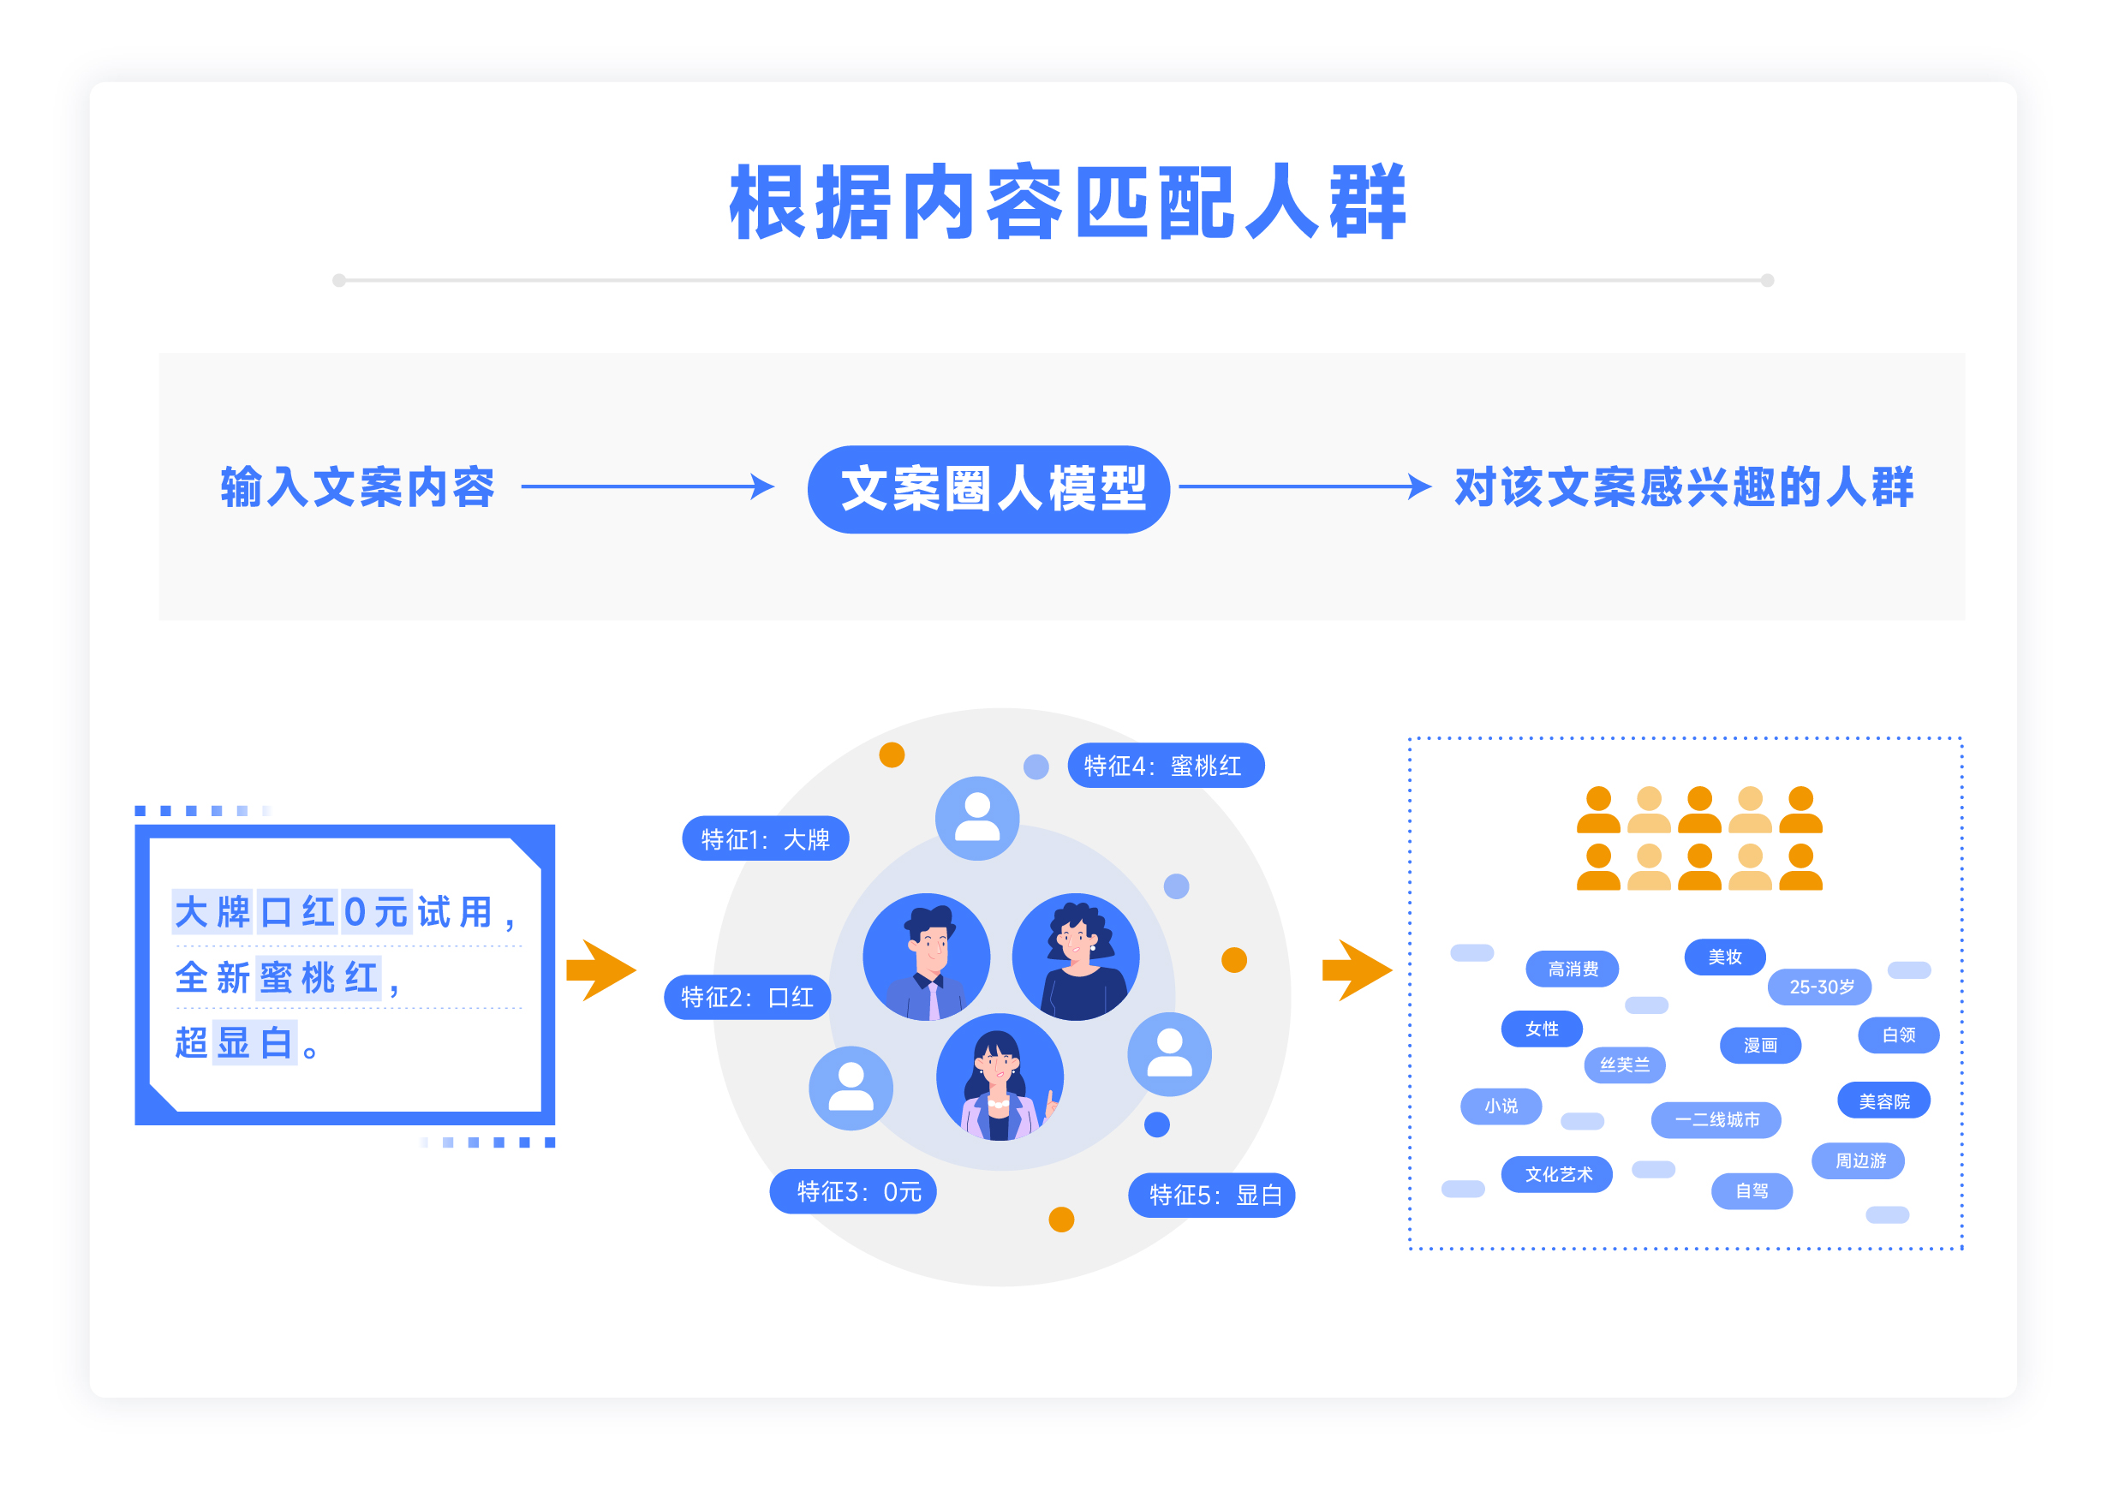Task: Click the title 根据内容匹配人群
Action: tap(1067, 202)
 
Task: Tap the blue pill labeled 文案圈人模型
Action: tap(988, 489)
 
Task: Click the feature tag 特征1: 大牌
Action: tap(765, 838)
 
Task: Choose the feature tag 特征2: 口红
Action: tap(747, 997)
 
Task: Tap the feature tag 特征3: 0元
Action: tap(852, 1191)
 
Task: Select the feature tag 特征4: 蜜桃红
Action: tap(1166, 766)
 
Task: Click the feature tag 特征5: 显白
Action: tap(1211, 1195)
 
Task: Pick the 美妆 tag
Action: tap(1725, 956)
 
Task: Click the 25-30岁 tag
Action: tap(1819, 987)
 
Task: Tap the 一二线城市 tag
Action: tap(1716, 1120)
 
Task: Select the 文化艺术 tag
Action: tap(1557, 1174)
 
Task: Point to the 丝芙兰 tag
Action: tap(1624, 1065)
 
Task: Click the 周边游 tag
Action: tap(1858, 1160)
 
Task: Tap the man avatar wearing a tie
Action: tap(926, 957)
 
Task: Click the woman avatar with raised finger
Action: tap(1000, 1077)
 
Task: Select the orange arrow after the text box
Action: tap(601, 970)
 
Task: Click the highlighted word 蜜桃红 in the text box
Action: tap(319, 977)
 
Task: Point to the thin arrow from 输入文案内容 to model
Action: tap(648, 486)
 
